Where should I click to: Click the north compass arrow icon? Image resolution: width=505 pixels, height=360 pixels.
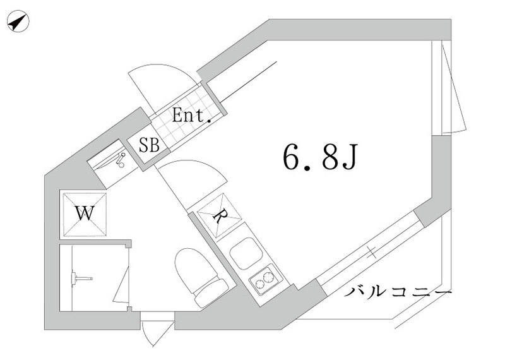coord(18,23)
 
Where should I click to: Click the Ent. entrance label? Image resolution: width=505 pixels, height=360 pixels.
coord(192,116)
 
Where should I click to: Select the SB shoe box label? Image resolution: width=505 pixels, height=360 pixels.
coord(149,145)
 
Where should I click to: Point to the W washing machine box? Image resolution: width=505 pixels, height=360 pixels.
coord(83,213)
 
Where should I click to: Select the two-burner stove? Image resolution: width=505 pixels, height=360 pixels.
coord(266,280)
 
